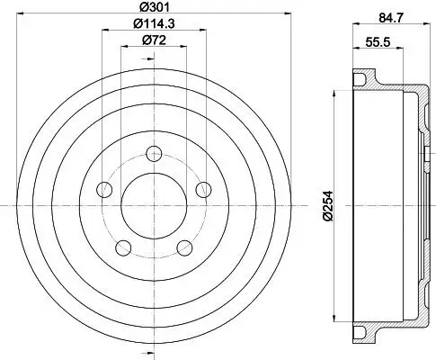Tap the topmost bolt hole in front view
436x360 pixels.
tap(154, 152)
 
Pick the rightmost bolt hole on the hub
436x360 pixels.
tap(203, 189)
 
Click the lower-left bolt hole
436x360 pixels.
tap(124, 247)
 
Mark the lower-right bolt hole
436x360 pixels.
tap(184, 247)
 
